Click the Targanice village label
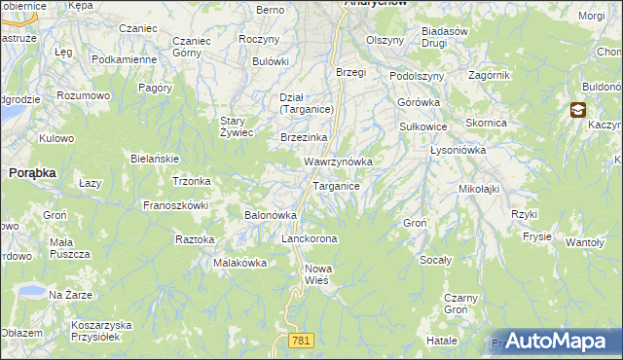(337, 186)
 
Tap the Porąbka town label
(32, 171)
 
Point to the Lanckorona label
(309, 238)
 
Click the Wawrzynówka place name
(339, 161)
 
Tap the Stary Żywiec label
(237, 126)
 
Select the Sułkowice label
(422, 126)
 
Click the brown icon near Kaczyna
(578, 111)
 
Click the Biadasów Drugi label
(446, 36)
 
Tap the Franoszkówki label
(176, 205)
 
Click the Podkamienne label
(124, 59)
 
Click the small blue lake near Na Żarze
(29, 291)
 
